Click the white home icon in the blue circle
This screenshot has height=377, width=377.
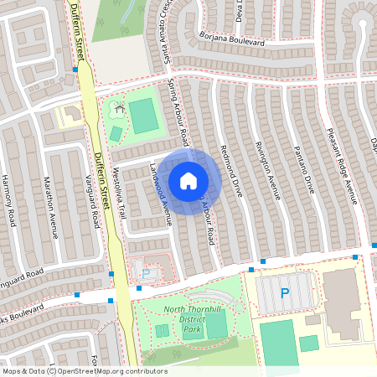click(x=188, y=180)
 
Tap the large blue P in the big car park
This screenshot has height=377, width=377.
click(x=284, y=293)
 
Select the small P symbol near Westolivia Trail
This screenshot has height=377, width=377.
click(x=146, y=272)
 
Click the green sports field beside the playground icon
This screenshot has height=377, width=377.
click(x=145, y=116)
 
